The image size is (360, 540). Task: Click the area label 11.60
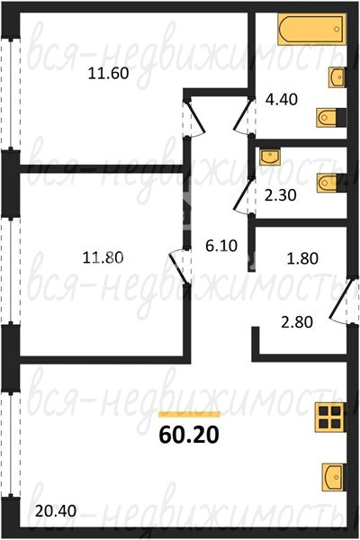108,74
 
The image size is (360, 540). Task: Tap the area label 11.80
103,257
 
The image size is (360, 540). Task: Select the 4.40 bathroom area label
282,100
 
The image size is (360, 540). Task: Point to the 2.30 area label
281,195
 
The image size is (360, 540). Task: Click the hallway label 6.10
221,246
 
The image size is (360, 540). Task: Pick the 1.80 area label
302,258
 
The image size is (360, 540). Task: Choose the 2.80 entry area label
297,322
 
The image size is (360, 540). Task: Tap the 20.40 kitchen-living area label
56,510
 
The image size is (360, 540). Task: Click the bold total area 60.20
189,435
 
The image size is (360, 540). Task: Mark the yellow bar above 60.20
189,414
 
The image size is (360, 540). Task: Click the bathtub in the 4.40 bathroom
311,30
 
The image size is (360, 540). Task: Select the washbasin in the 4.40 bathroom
337,77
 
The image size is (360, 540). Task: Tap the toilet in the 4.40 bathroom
331,118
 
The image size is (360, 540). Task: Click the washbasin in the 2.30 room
270,157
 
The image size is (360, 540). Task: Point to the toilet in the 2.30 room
331,183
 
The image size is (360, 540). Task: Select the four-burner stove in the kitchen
330,417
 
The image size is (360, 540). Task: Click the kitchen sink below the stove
334,477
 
